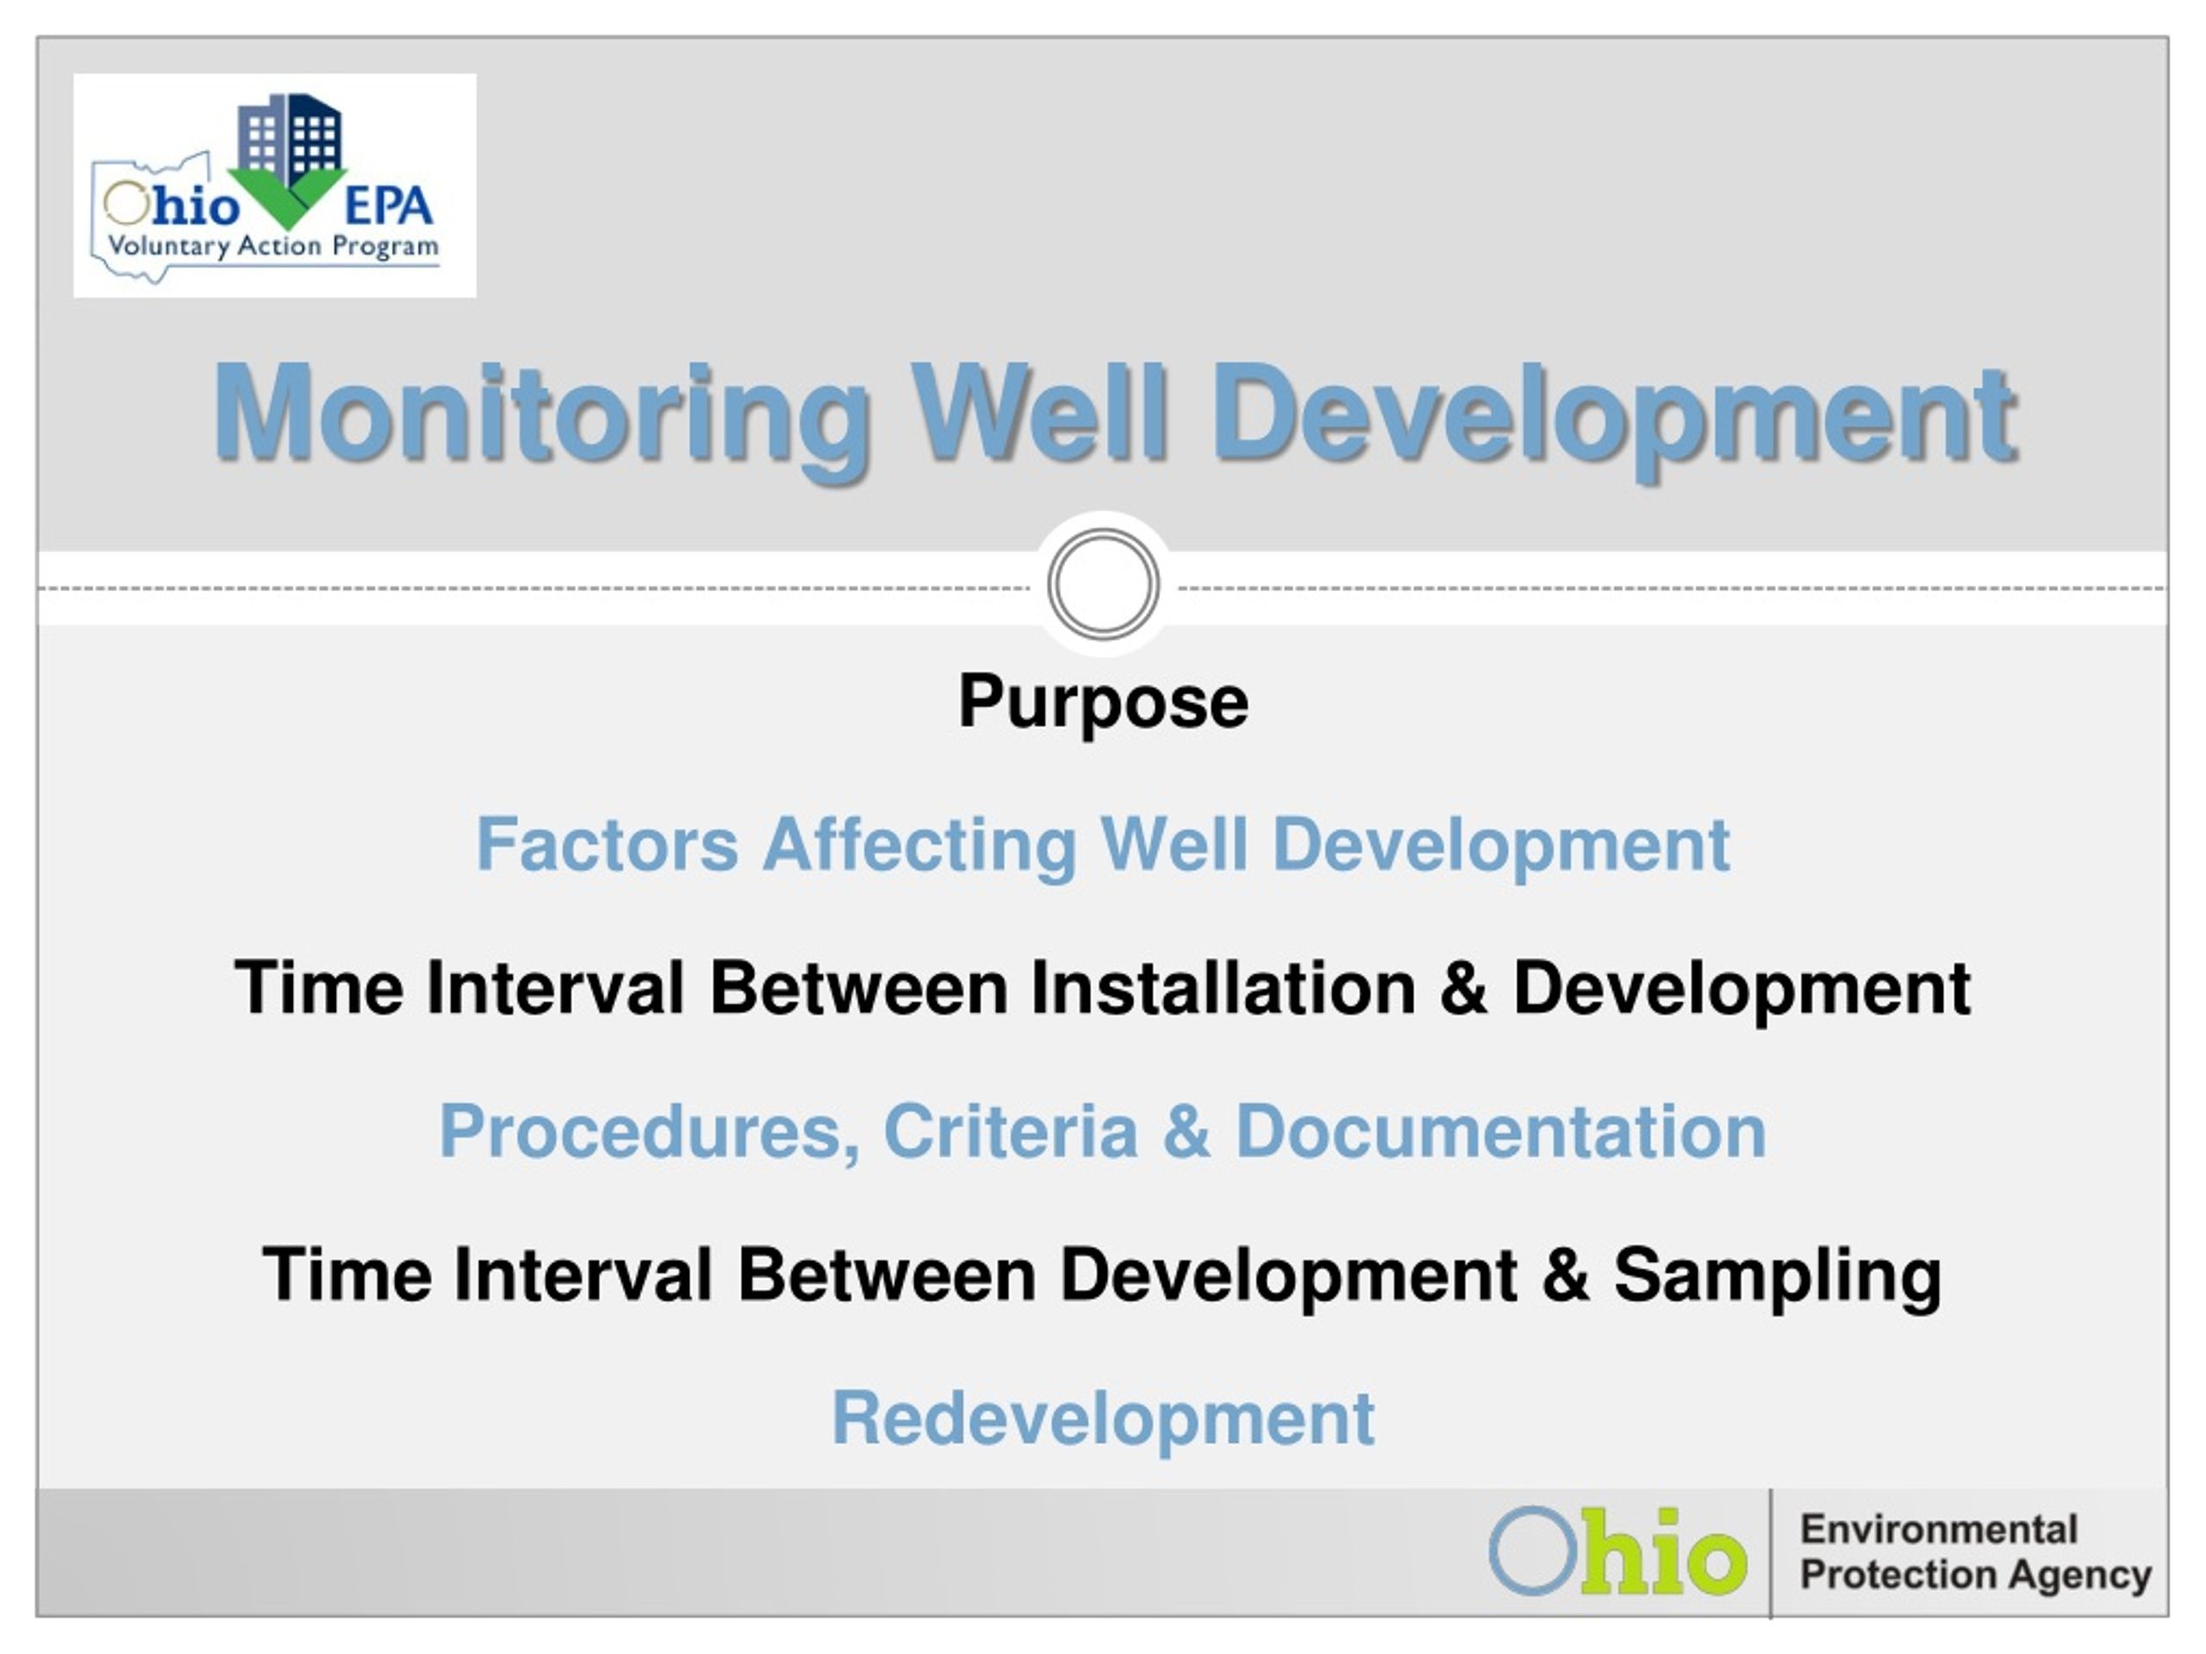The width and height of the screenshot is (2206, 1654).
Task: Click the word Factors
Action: (x=608, y=844)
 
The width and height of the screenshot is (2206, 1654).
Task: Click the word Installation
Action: (x=1223, y=988)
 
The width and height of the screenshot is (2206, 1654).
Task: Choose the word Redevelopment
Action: (x=1103, y=1420)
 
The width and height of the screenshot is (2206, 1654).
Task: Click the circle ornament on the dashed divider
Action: (x=1103, y=584)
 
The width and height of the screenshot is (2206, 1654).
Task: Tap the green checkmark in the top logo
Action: (x=288, y=197)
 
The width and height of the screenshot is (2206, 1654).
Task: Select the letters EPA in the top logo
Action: (x=388, y=207)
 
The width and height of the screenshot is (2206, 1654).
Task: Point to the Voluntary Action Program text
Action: (x=272, y=246)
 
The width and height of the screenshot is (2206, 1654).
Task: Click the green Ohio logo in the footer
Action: (x=1617, y=1551)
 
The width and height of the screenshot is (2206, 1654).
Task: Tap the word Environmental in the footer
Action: (x=1938, y=1529)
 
